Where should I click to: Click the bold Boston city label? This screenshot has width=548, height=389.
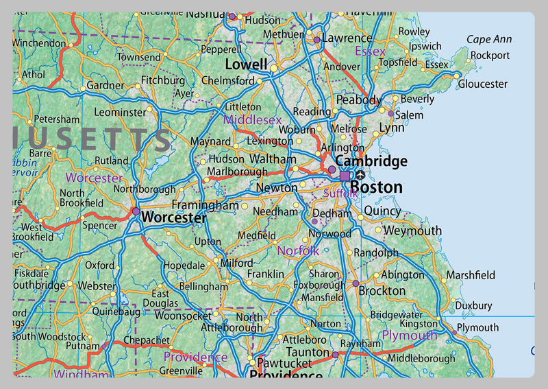[x=376, y=187]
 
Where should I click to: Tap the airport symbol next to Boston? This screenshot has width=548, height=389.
[x=360, y=176]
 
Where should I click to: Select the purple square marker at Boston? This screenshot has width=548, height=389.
[x=345, y=176]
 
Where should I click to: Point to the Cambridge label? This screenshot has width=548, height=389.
[x=371, y=161]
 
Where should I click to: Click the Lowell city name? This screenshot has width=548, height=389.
[x=246, y=64]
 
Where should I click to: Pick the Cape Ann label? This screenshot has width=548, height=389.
[x=489, y=40]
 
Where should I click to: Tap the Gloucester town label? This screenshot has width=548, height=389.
[x=483, y=84]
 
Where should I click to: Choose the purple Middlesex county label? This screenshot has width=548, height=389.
[x=253, y=120]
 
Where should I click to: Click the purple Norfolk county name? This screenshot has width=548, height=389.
[x=298, y=251]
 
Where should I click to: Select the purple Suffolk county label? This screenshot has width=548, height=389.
[x=340, y=194]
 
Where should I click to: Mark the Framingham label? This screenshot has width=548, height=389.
[x=205, y=205]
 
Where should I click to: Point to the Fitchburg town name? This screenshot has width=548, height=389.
[x=163, y=80]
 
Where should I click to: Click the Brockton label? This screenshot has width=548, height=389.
[x=382, y=290]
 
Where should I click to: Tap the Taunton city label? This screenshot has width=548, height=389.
[x=308, y=352]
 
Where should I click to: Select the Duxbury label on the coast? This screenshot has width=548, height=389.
[x=473, y=305]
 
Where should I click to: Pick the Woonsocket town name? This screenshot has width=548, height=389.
[x=183, y=316]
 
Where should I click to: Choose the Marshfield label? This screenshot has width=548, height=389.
[x=471, y=275]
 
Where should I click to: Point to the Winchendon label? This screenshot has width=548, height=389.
[x=38, y=42]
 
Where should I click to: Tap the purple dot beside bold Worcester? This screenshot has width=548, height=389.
[x=136, y=211]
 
